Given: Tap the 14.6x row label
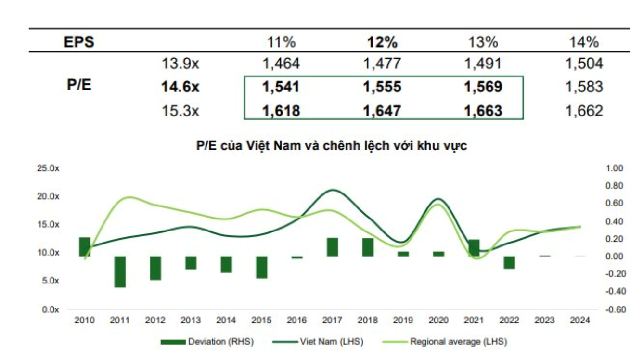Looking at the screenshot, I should click(x=180, y=87).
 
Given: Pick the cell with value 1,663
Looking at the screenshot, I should click(x=483, y=111).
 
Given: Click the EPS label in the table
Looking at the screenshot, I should click(x=79, y=42).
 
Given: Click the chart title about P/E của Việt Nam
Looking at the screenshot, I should click(x=332, y=146).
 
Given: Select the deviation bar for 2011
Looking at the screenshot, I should click(x=120, y=271).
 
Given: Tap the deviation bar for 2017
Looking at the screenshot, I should click(x=332, y=247).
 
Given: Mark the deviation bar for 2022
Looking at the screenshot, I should click(x=509, y=262).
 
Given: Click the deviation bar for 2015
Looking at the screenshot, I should click(x=261, y=267).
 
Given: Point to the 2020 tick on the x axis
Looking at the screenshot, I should click(x=438, y=321).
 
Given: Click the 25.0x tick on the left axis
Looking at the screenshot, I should click(x=48, y=168).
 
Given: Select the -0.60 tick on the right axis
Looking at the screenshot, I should click(x=614, y=309).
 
